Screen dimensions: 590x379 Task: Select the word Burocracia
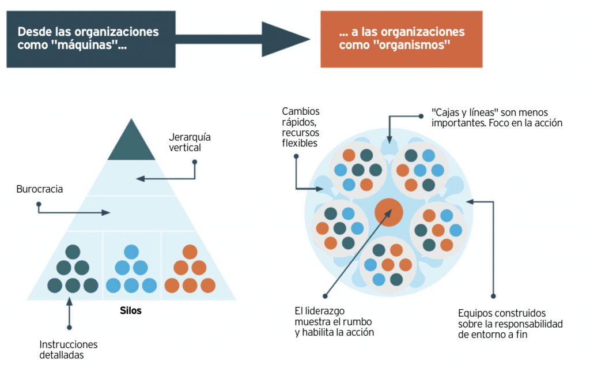pos(40,189)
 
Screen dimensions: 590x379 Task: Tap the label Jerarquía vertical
pos(190,142)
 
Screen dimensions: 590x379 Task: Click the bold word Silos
pos(131,310)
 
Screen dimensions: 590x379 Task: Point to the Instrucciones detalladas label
pos(69,350)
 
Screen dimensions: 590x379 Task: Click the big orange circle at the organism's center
pos(389,212)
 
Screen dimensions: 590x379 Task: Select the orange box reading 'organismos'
pos(402,39)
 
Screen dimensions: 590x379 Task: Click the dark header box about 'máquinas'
pos(91,39)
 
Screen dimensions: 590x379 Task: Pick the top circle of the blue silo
pos(131,252)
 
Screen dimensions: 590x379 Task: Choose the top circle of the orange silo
pos(190,252)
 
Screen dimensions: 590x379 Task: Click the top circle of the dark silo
pos(73,252)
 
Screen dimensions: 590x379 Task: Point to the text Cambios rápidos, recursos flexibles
pos(301,127)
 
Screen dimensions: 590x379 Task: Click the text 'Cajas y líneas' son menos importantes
pos(497,118)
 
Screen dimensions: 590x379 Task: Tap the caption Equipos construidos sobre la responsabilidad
pos(510,324)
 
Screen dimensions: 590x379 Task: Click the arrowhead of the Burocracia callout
pos(106,213)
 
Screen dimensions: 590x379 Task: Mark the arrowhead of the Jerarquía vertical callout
pos(141,179)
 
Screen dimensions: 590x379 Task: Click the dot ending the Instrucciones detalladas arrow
pos(69,328)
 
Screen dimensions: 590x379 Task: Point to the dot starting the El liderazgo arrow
pos(325,296)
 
